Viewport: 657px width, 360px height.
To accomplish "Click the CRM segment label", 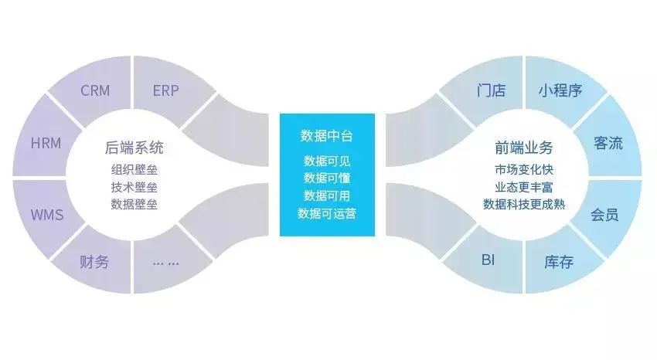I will coord(95,90).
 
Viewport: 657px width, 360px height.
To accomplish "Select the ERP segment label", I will coord(165,90).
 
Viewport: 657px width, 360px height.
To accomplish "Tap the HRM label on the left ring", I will coord(46,144).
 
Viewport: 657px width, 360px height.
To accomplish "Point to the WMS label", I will coord(46,214).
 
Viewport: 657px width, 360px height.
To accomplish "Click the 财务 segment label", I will coord(94,261).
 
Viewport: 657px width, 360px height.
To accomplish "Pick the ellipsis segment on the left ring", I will coord(165,262).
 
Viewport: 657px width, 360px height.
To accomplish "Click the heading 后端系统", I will coord(134,148).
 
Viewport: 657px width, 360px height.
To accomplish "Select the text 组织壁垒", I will coord(134,170).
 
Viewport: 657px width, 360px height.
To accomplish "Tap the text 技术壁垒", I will coord(134,187).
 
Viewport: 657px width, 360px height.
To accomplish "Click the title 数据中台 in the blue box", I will coord(327,137).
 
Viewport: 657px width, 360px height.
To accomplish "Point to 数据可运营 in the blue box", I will coord(327,212).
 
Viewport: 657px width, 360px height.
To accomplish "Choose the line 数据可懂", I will coord(327,178).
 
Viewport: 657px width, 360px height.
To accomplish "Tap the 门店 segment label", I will coord(491,90).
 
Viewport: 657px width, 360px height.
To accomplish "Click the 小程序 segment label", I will coord(560,90).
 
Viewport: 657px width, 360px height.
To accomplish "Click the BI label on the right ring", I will coord(488,259).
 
